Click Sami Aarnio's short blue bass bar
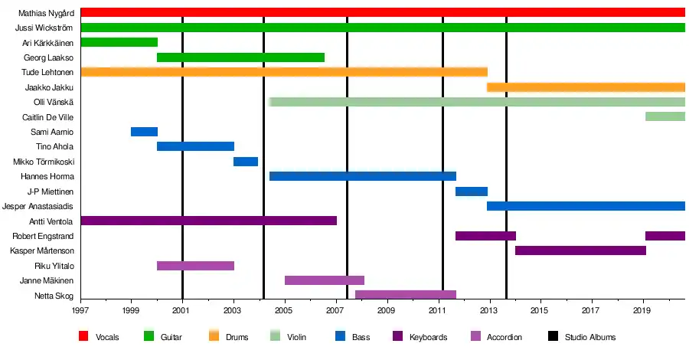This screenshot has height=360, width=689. (144, 132)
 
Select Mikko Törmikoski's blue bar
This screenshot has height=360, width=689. (246, 162)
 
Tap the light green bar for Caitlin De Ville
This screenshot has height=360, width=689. (665, 116)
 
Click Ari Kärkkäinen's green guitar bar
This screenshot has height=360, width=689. (119, 42)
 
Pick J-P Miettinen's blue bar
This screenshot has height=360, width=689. (472, 191)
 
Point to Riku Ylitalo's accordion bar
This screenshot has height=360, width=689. (195, 266)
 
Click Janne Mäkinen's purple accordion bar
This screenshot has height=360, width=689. (324, 280)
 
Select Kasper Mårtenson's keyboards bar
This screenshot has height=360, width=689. (580, 250)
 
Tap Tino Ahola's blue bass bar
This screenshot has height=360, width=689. (195, 146)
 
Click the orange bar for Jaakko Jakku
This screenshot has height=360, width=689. (586, 87)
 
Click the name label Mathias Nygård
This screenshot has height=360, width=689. (45, 13)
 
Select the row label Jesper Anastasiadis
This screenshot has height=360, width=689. (38, 206)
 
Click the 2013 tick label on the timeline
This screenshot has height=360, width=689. (488, 310)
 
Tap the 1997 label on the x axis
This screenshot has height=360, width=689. (80, 310)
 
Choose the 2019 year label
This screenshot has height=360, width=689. (642, 310)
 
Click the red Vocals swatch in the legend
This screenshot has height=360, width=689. (83, 336)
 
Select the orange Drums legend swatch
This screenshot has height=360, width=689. (213, 336)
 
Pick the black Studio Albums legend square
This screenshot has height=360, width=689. (553, 336)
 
